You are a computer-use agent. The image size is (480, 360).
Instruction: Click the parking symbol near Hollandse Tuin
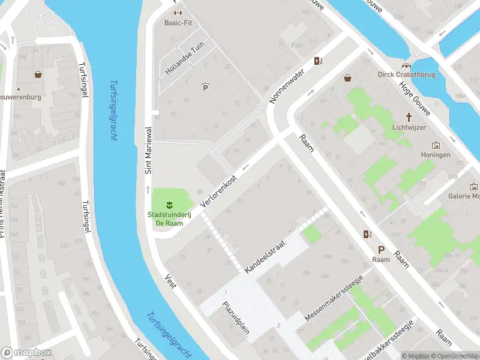point(206,88)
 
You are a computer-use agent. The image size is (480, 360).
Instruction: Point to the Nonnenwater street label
point(287,85)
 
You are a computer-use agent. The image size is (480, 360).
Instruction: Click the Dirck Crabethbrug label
point(407,74)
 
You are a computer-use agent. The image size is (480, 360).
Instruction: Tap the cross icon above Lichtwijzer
point(409,117)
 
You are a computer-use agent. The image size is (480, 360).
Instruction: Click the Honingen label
point(436,155)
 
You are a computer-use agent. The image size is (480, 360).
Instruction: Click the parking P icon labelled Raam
point(380,250)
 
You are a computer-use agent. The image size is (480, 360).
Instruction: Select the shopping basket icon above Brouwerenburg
point(38,75)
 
